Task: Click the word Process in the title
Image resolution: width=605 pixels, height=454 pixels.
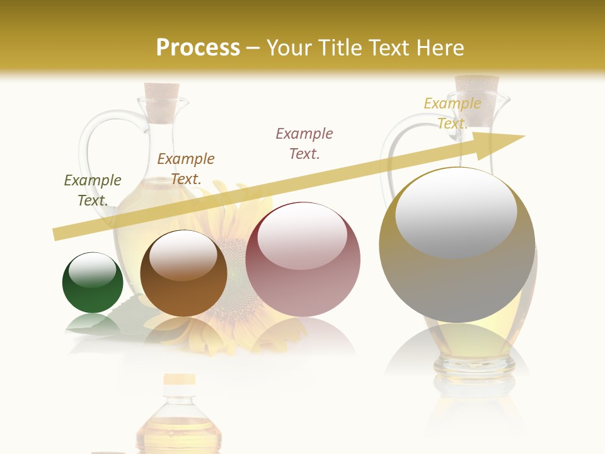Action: pos(198,48)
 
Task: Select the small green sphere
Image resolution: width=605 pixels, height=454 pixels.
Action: pos(93,283)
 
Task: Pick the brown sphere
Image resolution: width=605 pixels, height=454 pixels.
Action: pos(183,273)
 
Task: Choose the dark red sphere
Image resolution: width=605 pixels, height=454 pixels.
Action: pos(302,259)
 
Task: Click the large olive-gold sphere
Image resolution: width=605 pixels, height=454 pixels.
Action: pos(457,245)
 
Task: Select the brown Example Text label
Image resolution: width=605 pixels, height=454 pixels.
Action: pos(186,169)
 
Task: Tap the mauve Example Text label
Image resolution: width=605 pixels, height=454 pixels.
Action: pos(304,143)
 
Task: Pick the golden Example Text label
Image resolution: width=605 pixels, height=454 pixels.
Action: pos(452,113)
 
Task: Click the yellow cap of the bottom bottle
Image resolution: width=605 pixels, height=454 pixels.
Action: pos(179,379)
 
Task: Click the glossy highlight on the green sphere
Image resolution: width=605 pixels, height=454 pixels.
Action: pos(93,270)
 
